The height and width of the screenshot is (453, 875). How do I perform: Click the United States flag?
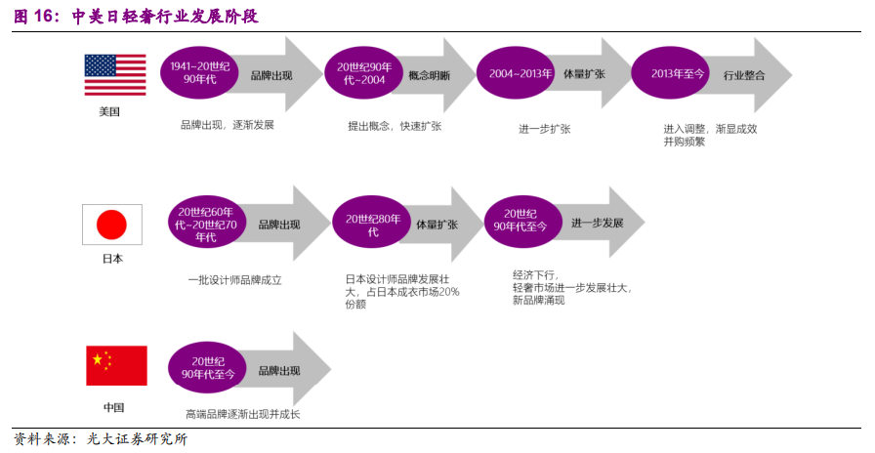[115, 75]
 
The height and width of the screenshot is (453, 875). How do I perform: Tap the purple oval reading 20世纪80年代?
[373, 226]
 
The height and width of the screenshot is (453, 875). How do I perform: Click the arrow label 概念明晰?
[430, 75]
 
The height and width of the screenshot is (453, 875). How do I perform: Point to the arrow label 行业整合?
[744, 75]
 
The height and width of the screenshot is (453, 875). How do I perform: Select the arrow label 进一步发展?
[598, 224]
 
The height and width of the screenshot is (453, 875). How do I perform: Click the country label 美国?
[109, 112]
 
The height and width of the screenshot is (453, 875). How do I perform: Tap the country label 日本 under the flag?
[112, 260]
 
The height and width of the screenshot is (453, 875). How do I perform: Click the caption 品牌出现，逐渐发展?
[227, 126]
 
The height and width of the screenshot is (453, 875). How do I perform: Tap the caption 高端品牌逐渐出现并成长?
[242, 415]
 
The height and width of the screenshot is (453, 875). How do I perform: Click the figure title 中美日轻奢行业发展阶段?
[165, 17]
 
